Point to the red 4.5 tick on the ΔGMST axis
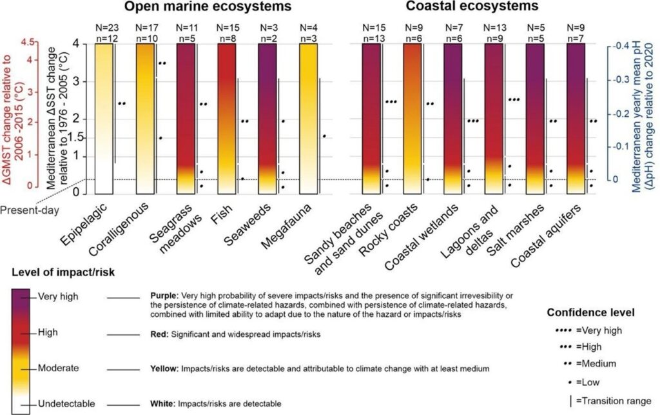28,43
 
